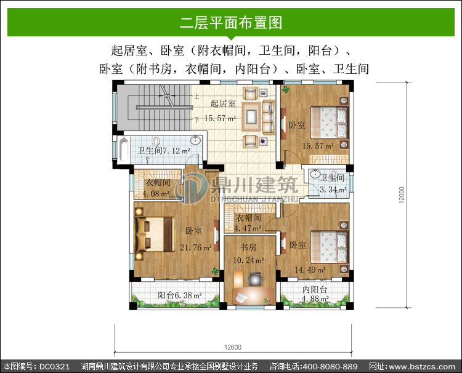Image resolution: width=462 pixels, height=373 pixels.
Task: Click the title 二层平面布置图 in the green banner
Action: click(231, 23)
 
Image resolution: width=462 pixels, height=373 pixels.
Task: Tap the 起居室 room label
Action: click(223, 103)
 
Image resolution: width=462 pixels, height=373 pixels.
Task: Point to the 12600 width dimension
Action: click(233, 347)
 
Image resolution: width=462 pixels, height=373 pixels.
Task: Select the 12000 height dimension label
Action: click(401, 195)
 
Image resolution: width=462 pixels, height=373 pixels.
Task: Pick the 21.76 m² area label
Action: click(196, 247)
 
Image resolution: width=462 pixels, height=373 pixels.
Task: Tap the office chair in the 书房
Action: click(255, 279)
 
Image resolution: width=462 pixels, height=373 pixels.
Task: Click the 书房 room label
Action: click(248, 247)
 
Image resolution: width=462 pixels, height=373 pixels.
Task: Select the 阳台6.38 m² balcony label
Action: click(179, 295)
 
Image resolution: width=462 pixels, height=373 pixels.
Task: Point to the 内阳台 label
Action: click(315, 289)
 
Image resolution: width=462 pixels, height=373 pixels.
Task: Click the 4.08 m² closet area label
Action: click(156, 194)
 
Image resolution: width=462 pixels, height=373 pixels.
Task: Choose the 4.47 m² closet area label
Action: click(248, 228)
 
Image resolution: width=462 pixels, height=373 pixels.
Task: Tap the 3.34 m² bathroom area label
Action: click(333, 190)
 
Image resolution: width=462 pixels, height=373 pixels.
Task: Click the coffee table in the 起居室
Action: click(251, 116)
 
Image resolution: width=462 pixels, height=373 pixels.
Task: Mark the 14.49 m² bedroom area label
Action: click(310, 270)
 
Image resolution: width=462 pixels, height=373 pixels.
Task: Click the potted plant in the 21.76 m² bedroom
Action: click(215, 271)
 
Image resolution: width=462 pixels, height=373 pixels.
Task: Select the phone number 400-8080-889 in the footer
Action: click(330, 366)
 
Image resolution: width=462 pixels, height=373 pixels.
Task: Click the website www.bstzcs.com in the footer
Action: click(422, 367)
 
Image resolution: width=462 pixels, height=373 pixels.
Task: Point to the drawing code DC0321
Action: click(54, 366)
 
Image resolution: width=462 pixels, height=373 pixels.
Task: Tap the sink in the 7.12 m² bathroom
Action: click(195, 140)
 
